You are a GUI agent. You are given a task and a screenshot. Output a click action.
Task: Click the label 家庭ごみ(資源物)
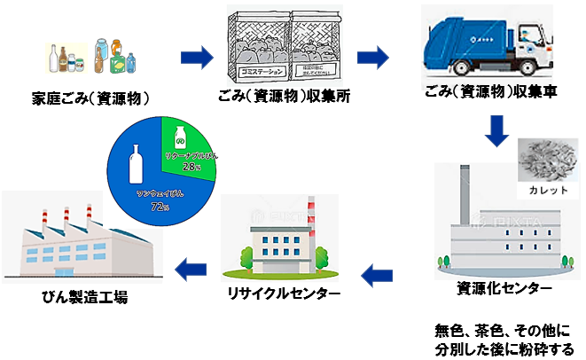pos(96,96)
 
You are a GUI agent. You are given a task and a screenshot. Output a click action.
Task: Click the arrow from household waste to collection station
pos(197,59)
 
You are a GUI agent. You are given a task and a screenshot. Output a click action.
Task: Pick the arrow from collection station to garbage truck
pos(373,59)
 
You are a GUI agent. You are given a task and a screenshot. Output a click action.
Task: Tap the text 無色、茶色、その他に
pos(503,331)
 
